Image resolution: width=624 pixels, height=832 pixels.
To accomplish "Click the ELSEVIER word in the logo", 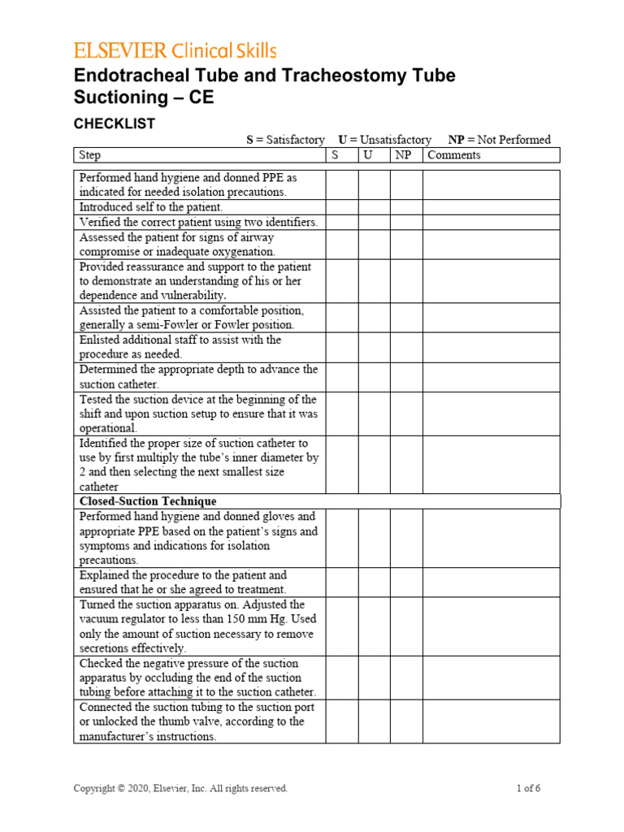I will pos(121,51).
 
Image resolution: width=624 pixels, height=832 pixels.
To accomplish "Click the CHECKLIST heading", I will pos(114,123).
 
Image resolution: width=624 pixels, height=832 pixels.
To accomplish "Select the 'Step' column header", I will pos(90,155).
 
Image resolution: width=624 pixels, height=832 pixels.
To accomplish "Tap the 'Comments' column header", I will pos(453,155).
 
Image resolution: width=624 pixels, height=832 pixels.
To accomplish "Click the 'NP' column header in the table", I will pos(403,155).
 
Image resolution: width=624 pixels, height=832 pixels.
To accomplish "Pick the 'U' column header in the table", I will pos(368,155).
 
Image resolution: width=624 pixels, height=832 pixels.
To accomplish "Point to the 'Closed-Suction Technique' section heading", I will pos(148,501).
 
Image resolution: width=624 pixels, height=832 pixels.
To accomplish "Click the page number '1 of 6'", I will pos(529,788).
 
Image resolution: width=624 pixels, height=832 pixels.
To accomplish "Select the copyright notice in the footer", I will pos(180,788).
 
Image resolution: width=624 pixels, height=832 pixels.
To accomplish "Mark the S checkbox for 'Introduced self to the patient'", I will pos(342,207).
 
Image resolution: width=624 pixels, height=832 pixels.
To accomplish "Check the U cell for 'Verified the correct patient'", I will pos(374,222).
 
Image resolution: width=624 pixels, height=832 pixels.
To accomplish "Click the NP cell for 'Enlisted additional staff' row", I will pos(406,347).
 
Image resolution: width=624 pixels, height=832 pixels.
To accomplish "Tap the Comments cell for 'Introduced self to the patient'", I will pos(491,207).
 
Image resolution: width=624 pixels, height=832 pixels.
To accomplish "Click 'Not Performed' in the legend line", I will pos(514,140).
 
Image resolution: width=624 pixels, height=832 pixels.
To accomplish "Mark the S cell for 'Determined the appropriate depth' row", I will pos(342,377).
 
